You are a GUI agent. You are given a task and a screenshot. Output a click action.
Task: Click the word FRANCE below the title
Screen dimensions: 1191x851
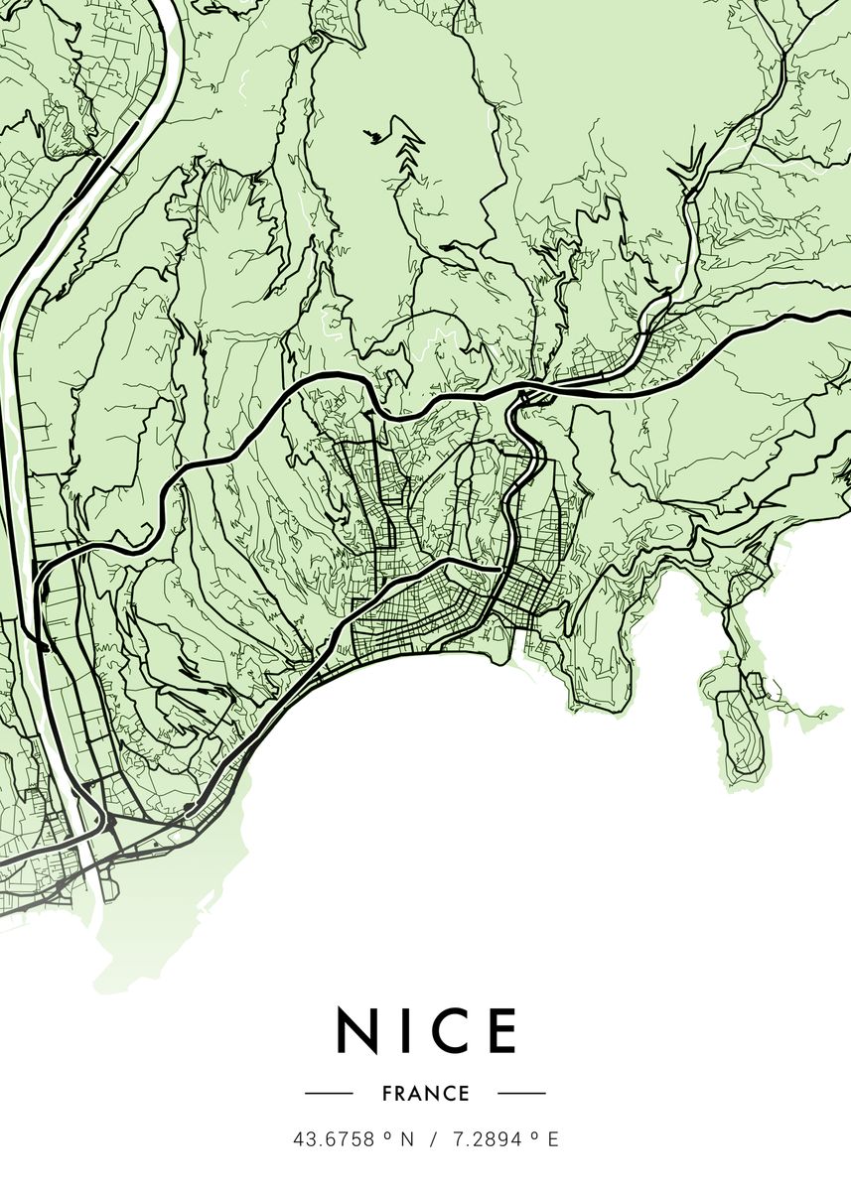point(425,1094)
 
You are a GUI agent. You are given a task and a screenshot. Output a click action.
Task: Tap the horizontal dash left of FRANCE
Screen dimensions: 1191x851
point(329,1094)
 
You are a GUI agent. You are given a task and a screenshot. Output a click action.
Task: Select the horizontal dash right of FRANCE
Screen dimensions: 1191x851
point(521,1094)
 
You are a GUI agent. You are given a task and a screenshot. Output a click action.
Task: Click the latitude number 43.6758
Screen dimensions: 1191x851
point(334,1140)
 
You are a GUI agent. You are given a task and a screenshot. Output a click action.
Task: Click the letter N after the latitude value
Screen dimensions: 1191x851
point(405,1140)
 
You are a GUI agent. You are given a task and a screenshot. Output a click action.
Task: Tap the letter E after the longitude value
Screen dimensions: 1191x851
point(553,1140)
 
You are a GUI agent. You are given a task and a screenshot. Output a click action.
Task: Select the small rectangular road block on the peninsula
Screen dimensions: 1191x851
point(755,684)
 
